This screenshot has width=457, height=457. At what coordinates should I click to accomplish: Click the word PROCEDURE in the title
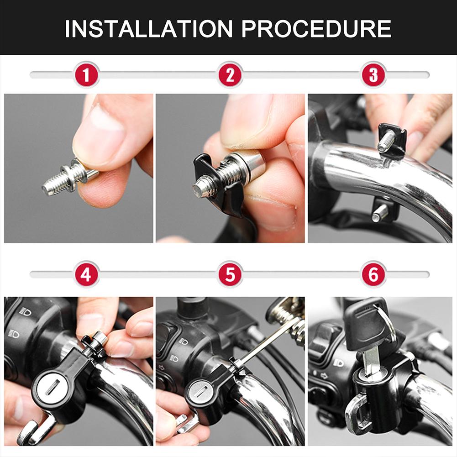pyautogui.click(x=316, y=28)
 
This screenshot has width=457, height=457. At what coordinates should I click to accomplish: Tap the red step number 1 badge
pyautogui.click(x=86, y=74)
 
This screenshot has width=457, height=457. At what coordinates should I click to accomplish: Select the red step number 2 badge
pyautogui.click(x=230, y=74)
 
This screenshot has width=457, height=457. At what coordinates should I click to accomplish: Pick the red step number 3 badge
pyautogui.click(x=373, y=74)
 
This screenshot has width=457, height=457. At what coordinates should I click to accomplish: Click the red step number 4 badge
pyautogui.click(x=86, y=274)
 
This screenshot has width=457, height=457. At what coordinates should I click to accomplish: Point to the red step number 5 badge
pyautogui.click(x=230, y=274)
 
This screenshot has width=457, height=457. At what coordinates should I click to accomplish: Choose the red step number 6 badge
pyautogui.click(x=373, y=274)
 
